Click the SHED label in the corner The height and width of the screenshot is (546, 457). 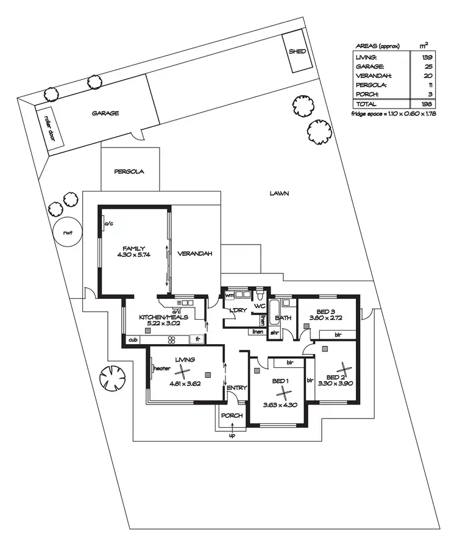[297, 52]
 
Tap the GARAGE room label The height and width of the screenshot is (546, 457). [105, 113]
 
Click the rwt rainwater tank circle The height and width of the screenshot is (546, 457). [66, 232]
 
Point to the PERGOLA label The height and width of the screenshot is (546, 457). [129, 171]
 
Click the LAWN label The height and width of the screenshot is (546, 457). [279, 193]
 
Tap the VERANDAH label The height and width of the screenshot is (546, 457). [194, 254]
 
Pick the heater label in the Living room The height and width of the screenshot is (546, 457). [161, 368]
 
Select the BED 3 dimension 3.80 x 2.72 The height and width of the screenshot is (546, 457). [326, 318]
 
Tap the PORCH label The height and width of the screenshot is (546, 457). [232, 415]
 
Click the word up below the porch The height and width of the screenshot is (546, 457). [232, 436]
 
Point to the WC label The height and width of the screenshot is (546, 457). [258, 306]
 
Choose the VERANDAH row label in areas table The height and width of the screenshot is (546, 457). [374, 76]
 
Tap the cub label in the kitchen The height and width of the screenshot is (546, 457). [132, 339]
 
